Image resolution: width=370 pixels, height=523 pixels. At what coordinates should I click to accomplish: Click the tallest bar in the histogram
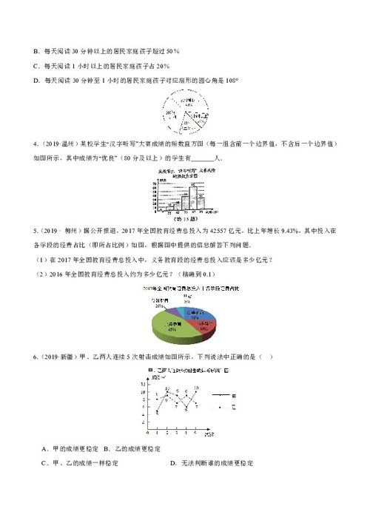point(194,196)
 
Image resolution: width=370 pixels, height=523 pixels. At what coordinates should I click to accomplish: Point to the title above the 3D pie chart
point(185,287)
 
